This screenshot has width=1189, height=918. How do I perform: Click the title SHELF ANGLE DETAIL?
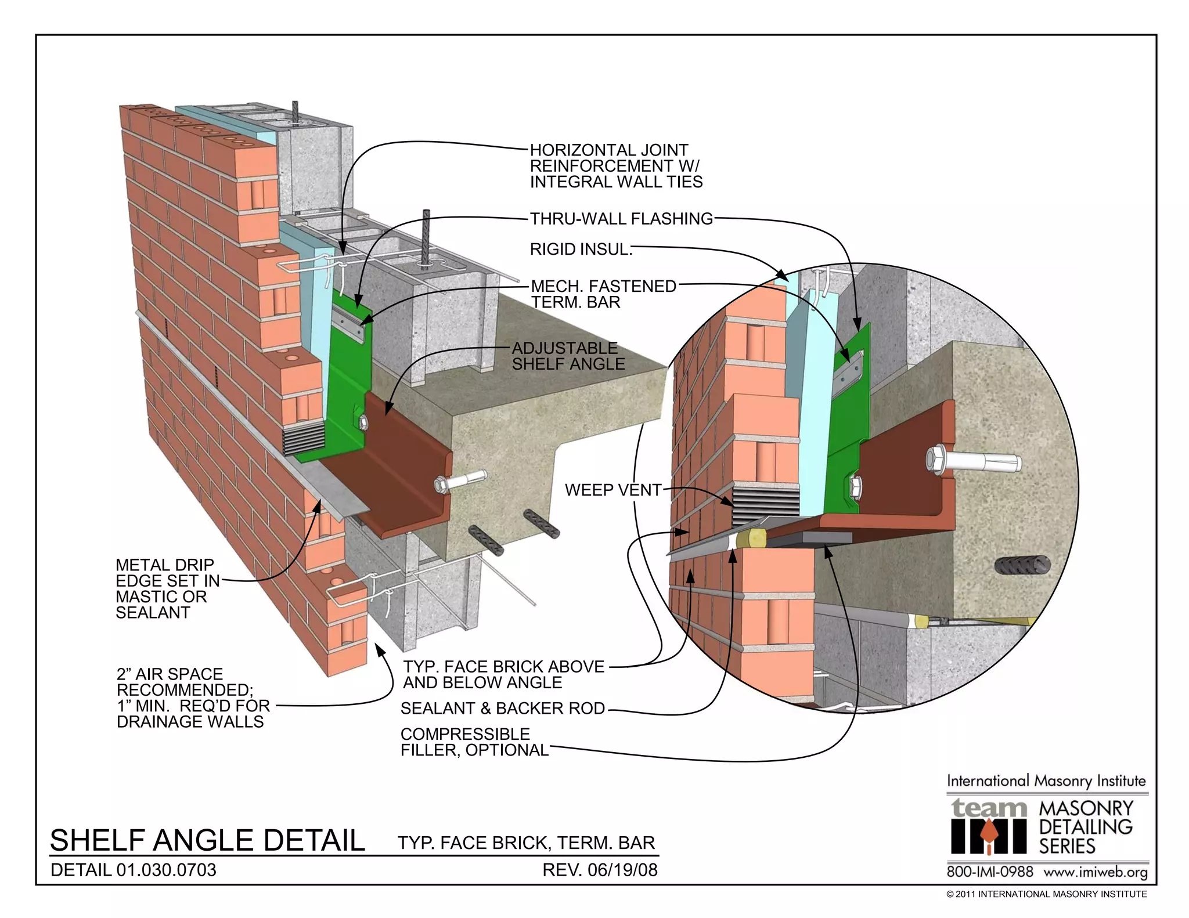207,840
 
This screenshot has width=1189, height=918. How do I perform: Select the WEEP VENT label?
612,490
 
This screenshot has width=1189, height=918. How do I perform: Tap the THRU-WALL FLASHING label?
621,219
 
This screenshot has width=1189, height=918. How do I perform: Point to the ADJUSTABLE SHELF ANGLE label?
568,356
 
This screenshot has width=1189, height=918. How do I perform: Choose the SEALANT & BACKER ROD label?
503,708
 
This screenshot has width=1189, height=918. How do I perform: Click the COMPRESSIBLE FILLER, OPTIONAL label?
474,742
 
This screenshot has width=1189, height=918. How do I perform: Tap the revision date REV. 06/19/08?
600,870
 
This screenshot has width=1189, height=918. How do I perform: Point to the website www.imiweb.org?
1096,872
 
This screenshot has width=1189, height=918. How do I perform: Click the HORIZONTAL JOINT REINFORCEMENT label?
615,166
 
